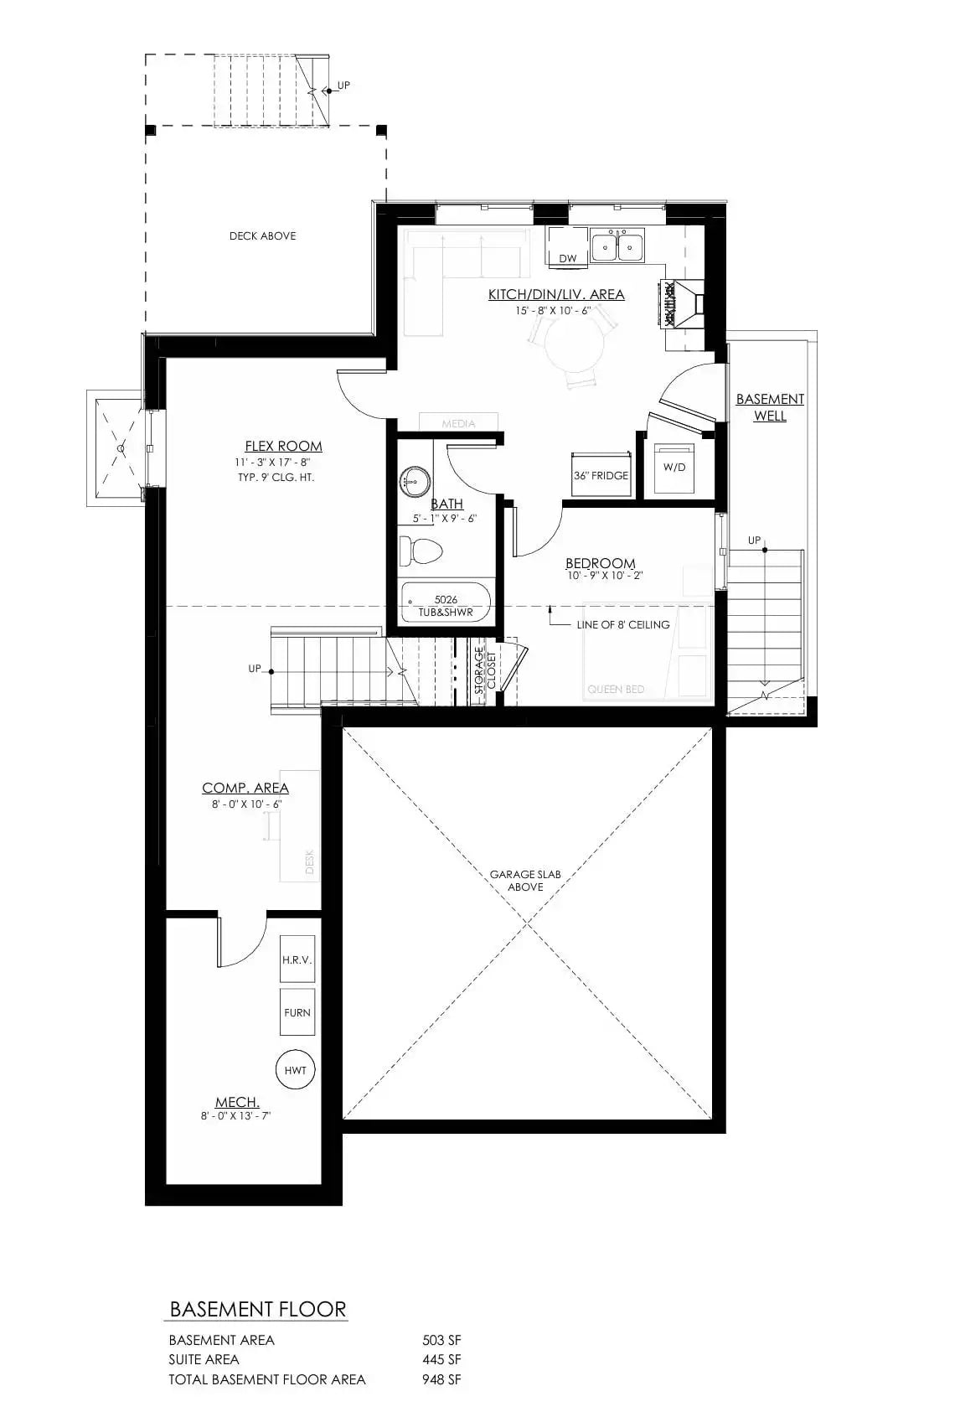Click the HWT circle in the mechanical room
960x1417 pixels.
(295, 1070)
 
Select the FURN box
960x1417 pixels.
(297, 1012)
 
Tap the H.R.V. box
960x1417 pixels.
(297, 959)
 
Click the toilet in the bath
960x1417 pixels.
(421, 551)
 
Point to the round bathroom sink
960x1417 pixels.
(414, 481)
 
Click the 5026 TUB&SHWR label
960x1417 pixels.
(446, 606)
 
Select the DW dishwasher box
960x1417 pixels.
(568, 258)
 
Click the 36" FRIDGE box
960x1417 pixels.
(601, 476)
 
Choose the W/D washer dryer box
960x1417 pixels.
(674, 467)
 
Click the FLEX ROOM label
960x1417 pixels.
(283, 447)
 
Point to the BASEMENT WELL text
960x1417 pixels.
(770, 407)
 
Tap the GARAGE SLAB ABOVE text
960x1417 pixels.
(525, 881)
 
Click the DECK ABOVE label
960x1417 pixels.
(262, 236)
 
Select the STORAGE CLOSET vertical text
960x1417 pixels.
(486, 670)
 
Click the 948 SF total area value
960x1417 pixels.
(441, 1379)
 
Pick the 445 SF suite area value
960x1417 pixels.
(441, 1359)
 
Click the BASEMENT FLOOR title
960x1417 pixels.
(257, 1310)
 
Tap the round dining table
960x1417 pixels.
(575, 347)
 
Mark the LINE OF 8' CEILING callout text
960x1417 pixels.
(623, 624)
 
